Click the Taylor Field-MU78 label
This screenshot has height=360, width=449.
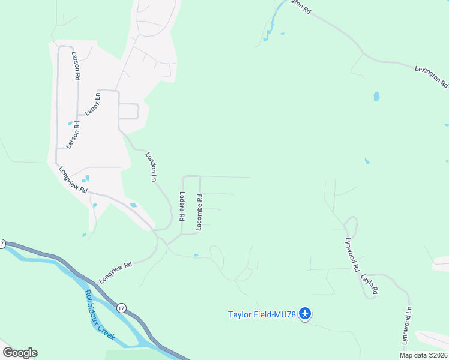[263, 314]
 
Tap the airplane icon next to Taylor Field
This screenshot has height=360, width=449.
[305, 313]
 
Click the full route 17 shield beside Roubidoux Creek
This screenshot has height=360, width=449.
[121, 308]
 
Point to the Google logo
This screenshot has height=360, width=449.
[20, 353]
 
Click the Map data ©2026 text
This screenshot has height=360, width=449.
[424, 355]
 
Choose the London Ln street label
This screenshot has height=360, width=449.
[151, 167]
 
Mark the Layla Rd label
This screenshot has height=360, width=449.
[370, 284]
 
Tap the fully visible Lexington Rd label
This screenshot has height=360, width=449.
[432, 77]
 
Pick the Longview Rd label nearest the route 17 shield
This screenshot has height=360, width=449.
[115, 272]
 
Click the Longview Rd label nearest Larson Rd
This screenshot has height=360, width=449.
[73, 179]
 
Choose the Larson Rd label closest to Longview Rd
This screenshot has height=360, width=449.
[73, 135]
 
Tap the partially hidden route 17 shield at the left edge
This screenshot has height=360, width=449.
[2, 244]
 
